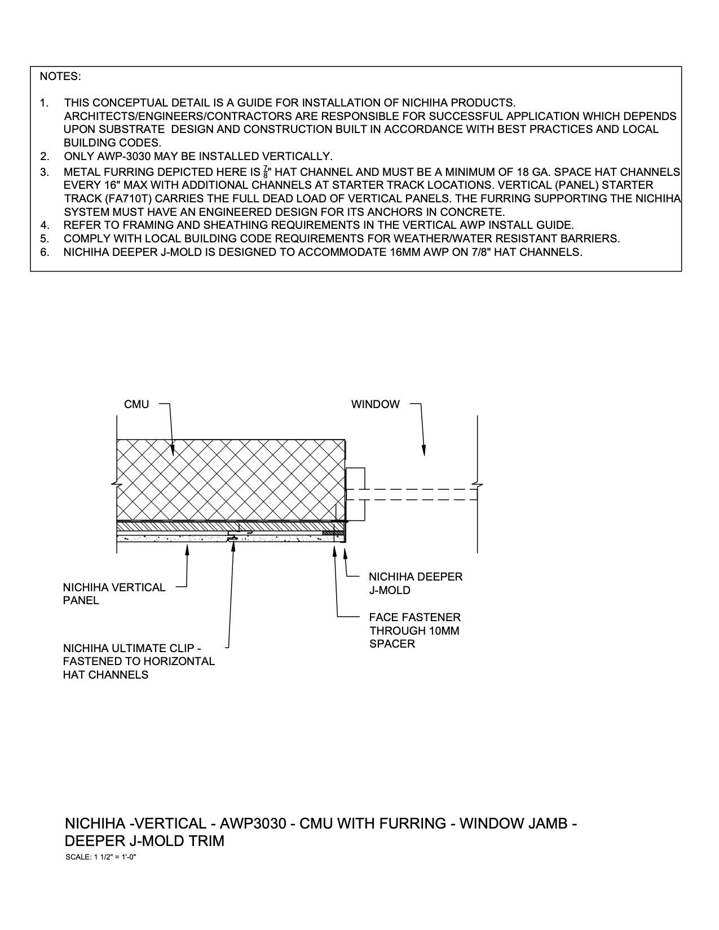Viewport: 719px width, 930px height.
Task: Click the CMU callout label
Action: point(136,405)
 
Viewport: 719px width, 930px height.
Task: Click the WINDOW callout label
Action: point(375,405)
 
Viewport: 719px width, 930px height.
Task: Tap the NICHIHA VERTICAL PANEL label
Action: point(114,594)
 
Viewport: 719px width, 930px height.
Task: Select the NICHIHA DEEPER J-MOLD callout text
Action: point(416,583)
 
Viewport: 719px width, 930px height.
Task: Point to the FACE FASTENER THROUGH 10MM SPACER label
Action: point(414,631)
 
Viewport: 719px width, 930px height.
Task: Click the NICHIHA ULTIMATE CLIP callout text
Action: point(139,661)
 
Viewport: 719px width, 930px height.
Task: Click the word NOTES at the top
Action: point(60,77)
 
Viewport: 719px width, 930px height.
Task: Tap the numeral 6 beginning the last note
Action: point(43,252)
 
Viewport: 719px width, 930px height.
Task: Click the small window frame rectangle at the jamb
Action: point(355,494)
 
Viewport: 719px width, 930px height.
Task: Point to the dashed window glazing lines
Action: point(420,495)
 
